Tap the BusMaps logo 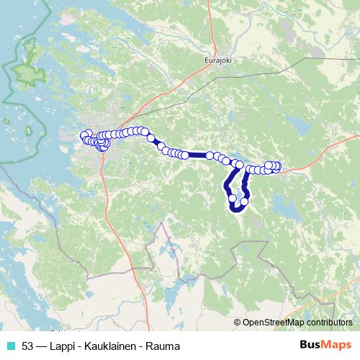[x=326, y=346]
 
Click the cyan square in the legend [x=10, y=346]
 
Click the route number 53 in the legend [x=27, y=346]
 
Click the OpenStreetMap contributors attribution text [x=298, y=323]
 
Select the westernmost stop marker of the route [x=84, y=135]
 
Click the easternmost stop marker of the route [x=277, y=168]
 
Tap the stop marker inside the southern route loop [x=232, y=198]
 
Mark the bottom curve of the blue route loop [x=236, y=210]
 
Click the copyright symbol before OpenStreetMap [x=238, y=323]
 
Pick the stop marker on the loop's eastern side [x=244, y=201]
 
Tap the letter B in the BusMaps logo [x=305, y=346]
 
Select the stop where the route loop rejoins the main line [x=239, y=165]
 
